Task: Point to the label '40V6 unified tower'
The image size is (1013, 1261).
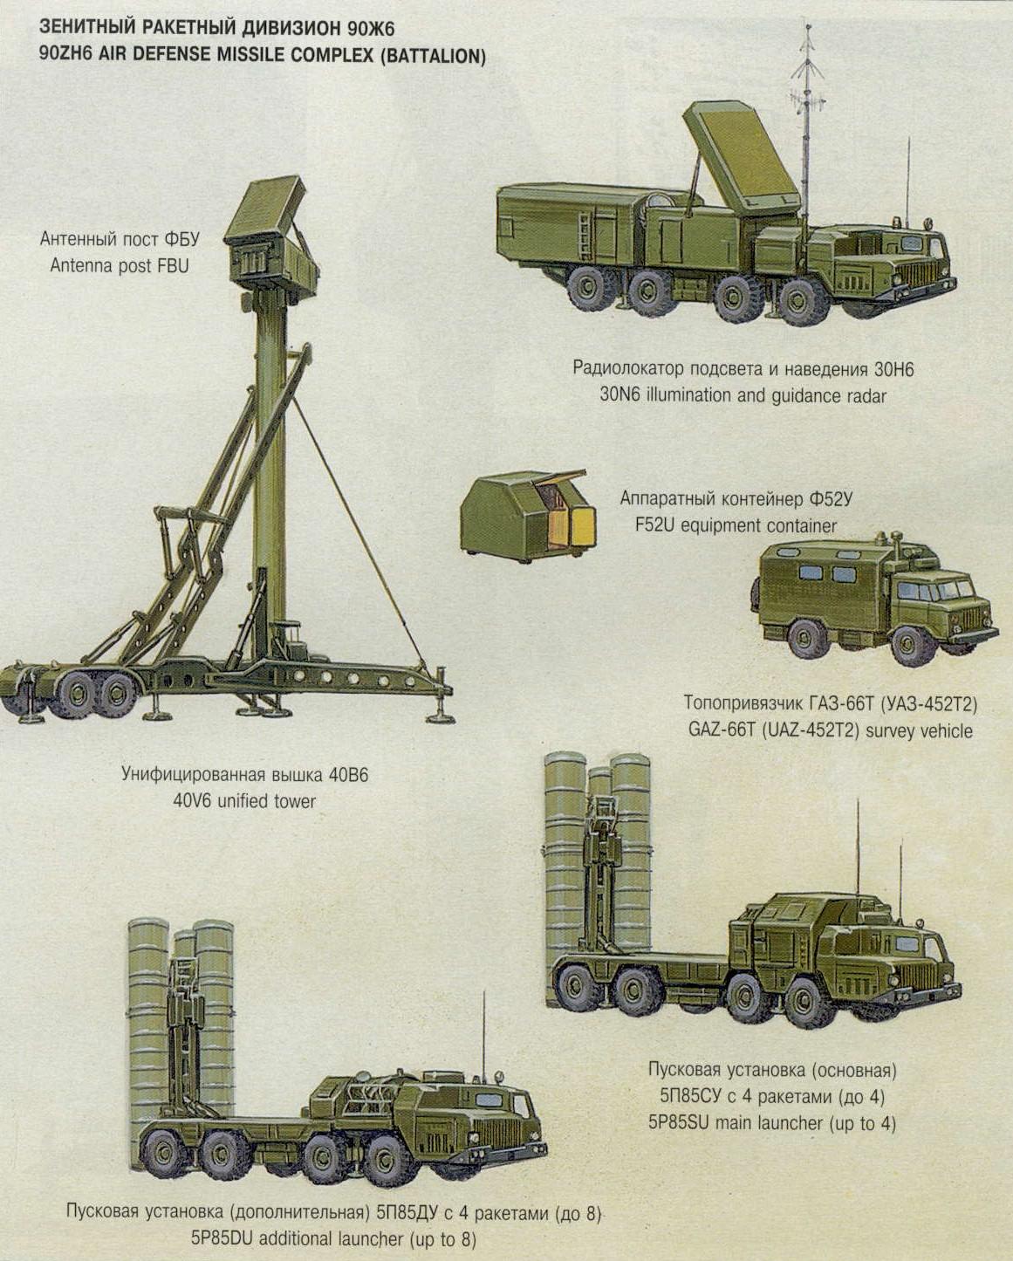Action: coord(244,800)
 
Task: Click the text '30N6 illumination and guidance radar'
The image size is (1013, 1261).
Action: coord(743,395)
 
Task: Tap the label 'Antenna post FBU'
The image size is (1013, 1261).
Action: coord(119,265)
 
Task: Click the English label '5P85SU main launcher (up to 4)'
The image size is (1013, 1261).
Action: coord(771,1123)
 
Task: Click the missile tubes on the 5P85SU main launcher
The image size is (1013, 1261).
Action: coord(598,851)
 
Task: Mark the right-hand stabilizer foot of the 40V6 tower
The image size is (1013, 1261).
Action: coord(438,716)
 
